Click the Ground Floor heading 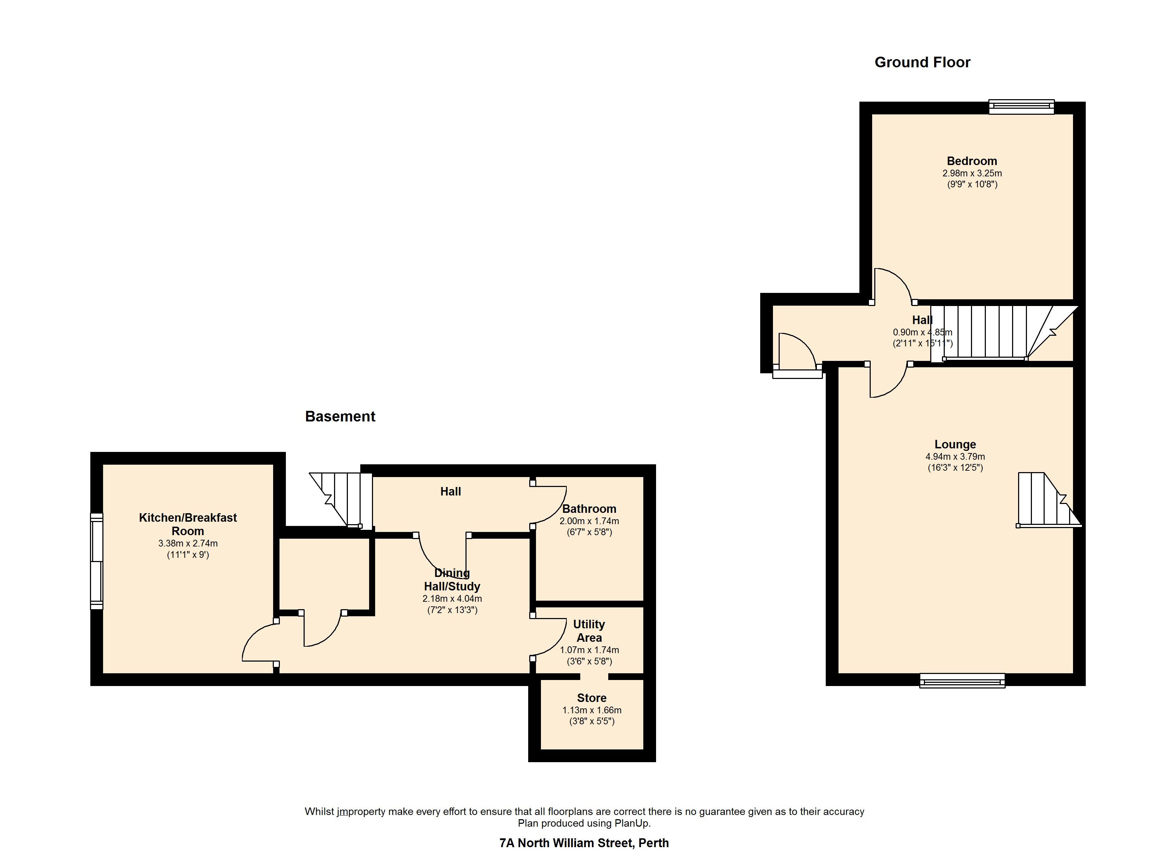922,62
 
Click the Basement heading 340,416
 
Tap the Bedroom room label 972,161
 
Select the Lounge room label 955,444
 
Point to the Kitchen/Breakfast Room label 188,524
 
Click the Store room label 592,698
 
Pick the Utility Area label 589,631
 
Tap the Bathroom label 589,509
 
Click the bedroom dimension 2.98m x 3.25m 972,174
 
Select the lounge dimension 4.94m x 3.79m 955,457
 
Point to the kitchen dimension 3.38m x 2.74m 188,543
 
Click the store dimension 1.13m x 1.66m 592,710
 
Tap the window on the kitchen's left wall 96,561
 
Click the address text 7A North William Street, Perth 584,843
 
